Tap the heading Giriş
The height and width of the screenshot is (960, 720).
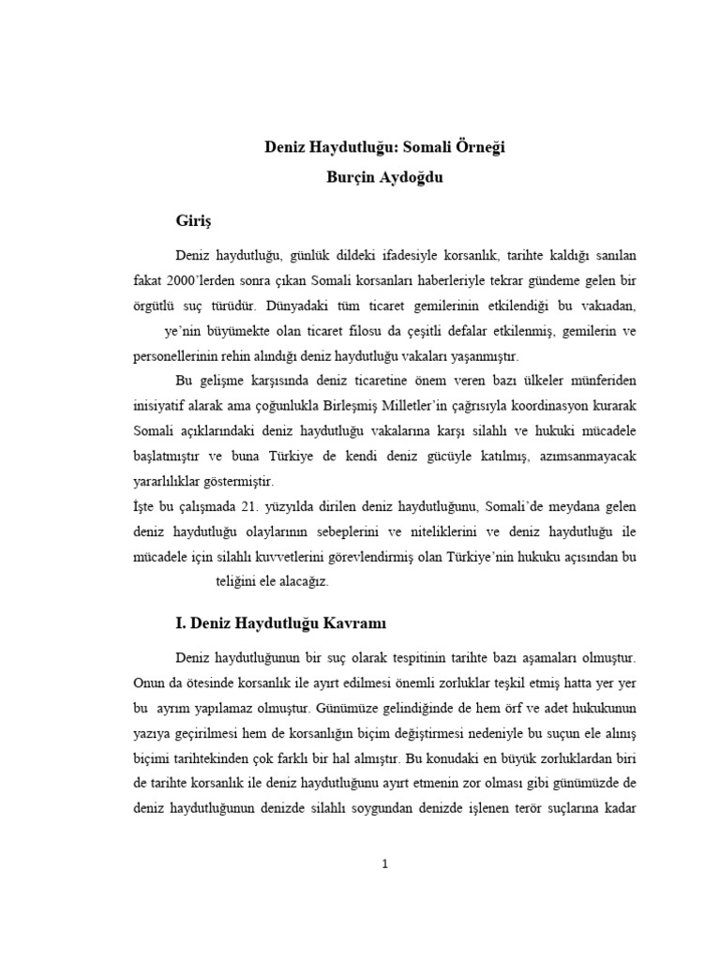pyautogui.click(x=195, y=221)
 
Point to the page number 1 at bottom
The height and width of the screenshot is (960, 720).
pyautogui.click(x=384, y=863)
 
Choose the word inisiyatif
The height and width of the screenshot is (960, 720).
pyautogui.click(x=165, y=406)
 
